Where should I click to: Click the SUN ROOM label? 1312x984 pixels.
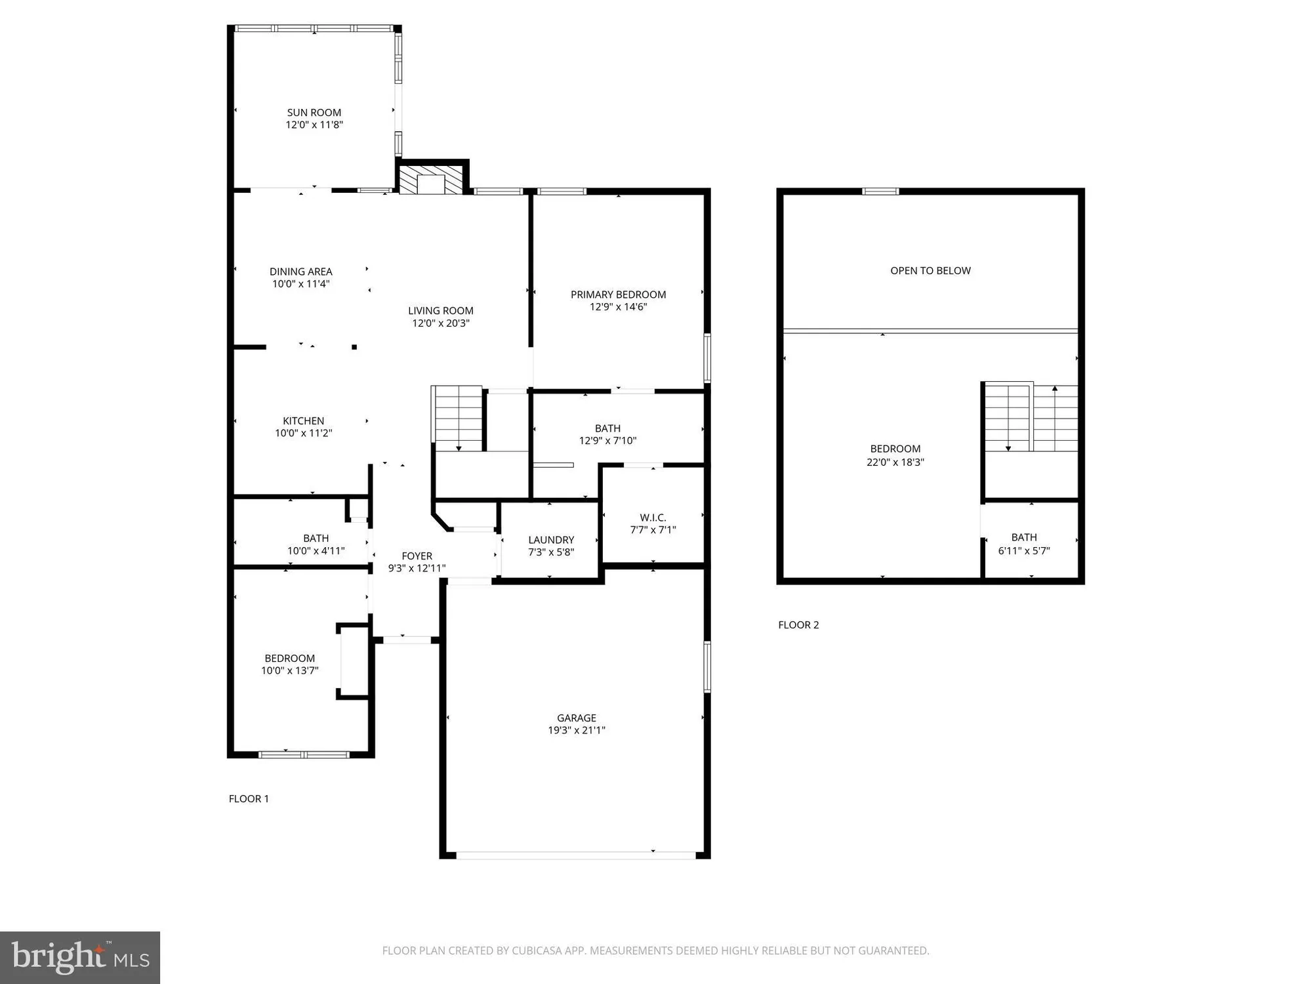click(314, 112)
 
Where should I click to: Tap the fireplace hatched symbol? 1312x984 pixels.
click(431, 181)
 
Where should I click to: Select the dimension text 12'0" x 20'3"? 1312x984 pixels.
click(440, 323)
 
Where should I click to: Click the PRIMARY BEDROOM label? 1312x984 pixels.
click(618, 295)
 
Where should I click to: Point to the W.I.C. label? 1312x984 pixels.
click(653, 518)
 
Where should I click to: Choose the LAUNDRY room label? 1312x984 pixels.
click(551, 540)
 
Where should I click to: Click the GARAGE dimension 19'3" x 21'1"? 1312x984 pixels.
click(576, 730)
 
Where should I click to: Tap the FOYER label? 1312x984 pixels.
click(417, 556)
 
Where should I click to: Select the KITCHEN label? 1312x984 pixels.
click(303, 420)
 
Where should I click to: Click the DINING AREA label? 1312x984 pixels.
click(300, 272)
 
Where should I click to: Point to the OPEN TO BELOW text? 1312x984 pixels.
click(930, 270)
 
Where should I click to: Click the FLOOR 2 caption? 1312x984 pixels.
click(798, 625)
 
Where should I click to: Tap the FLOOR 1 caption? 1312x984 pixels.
click(249, 798)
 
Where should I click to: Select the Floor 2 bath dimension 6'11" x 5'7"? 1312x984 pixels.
click(1023, 551)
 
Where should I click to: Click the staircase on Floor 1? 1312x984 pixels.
click(457, 417)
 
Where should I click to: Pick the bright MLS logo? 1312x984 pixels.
click(80, 957)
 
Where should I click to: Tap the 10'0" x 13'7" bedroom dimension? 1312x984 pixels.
click(289, 670)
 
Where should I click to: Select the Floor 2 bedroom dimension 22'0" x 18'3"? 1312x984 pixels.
click(895, 462)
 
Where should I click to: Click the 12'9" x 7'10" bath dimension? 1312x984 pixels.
click(607, 441)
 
